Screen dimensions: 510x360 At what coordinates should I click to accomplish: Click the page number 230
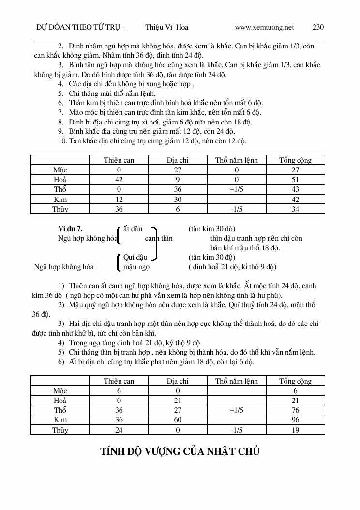pyautogui.click(x=318, y=27)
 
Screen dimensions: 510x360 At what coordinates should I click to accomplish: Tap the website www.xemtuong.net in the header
pyautogui.click(x=264, y=27)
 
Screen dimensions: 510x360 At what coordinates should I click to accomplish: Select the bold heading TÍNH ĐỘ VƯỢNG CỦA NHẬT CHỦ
pyautogui.click(x=180, y=451)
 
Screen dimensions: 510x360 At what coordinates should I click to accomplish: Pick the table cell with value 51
pyautogui.click(x=295, y=180)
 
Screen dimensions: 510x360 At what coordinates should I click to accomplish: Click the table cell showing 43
pyautogui.click(x=295, y=189)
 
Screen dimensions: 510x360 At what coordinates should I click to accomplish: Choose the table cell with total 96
pyautogui.click(x=295, y=420)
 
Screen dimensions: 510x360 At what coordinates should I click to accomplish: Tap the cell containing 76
pyautogui.click(x=295, y=410)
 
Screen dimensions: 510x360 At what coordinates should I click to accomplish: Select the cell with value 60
pyautogui.click(x=178, y=420)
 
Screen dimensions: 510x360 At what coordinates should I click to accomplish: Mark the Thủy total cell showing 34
pyautogui.click(x=295, y=209)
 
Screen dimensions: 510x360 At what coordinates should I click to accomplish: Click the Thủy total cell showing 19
pyautogui.click(x=295, y=430)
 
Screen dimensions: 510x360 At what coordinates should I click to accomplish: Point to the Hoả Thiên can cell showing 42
pyautogui.click(x=119, y=180)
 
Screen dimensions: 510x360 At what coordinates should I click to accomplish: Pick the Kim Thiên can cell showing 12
pyautogui.click(x=119, y=199)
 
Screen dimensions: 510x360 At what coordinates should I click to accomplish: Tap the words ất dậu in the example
pyautogui.click(x=133, y=229)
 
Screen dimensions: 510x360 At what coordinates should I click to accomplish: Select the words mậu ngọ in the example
pyautogui.click(x=136, y=266)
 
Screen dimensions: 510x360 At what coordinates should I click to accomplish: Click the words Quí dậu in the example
pyautogui.click(x=135, y=257)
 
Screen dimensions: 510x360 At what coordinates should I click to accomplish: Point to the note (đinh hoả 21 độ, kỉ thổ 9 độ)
pyautogui.click(x=232, y=266)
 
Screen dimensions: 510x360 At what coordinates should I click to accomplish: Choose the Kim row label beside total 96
pyautogui.click(x=60, y=420)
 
